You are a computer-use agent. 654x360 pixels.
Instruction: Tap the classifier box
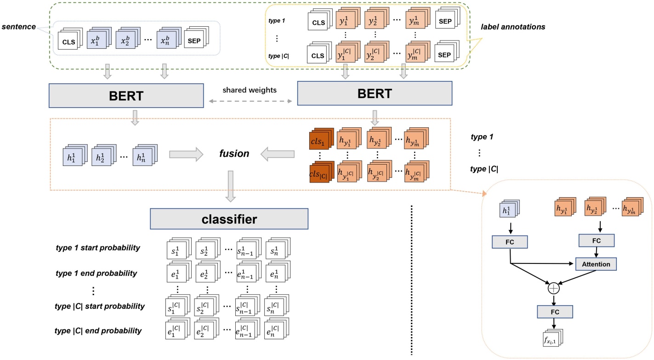point(228,219)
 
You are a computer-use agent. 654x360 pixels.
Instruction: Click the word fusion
point(234,154)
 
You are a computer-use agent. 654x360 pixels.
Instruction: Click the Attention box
point(596,264)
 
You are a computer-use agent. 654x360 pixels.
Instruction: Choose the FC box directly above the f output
point(555,312)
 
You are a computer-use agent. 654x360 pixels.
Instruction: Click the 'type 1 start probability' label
point(98,248)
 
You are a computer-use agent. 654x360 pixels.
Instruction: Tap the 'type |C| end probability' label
point(98,331)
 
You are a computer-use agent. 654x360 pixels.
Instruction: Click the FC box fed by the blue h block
point(510,240)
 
